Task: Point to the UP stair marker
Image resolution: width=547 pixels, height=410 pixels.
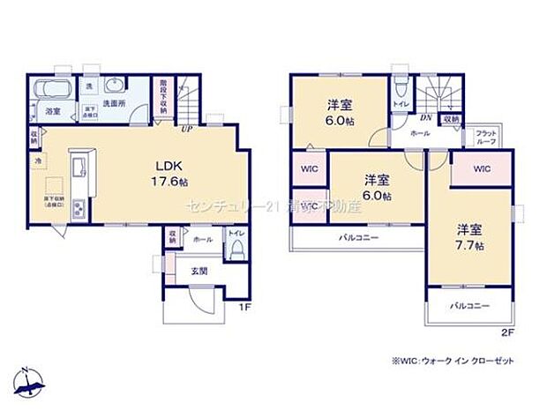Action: [x=187, y=130]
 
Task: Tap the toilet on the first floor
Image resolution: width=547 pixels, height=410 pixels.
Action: [x=236, y=250]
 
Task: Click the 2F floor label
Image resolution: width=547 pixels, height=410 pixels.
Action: [x=506, y=333]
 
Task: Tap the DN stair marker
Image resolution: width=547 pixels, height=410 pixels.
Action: [x=425, y=118]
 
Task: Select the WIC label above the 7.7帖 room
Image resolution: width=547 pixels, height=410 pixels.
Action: [x=481, y=169]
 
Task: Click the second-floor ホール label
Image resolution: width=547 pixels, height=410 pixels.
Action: [x=420, y=133]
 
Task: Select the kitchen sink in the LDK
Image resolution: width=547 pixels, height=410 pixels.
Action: [x=76, y=164]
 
